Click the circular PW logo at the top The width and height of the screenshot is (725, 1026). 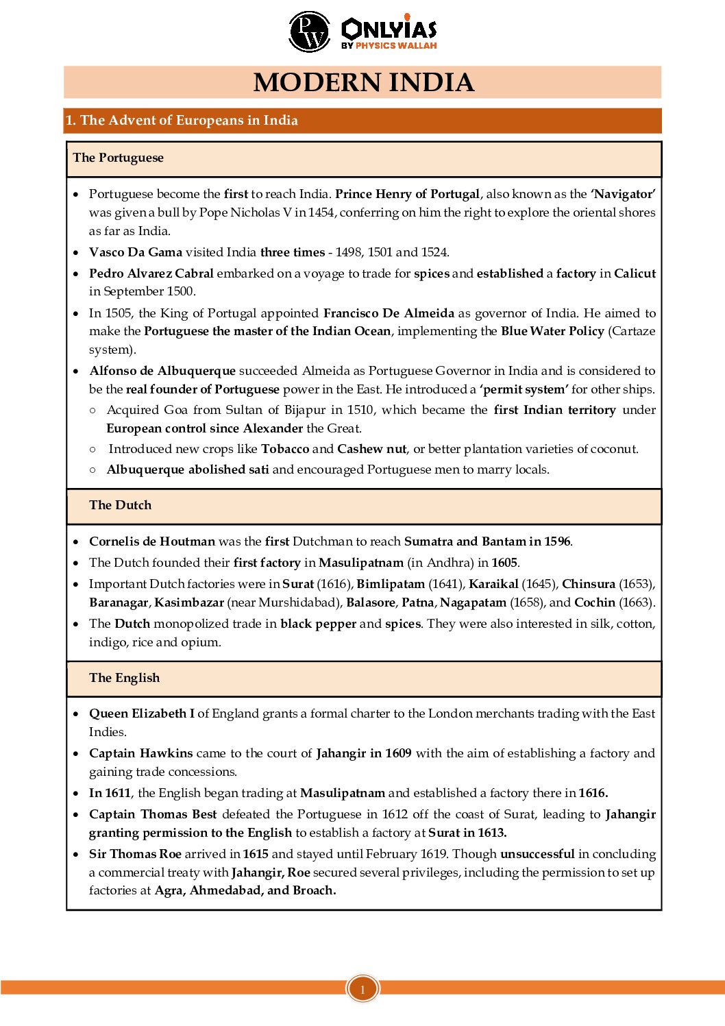tap(310, 32)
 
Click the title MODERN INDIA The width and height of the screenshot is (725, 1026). tap(363, 82)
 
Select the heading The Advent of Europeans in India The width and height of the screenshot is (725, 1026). tap(182, 121)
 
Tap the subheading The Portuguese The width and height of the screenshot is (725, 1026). tap(119, 158)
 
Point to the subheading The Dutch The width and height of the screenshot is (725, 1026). tap(120, 505)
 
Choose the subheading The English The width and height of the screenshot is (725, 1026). tap(124, 678)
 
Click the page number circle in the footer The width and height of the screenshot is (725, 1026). tap(362, 989)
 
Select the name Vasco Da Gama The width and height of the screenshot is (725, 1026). tap(136, 252)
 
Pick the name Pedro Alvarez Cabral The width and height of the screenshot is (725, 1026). tap(151, 273)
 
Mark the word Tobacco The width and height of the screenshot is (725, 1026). tap(285, 449)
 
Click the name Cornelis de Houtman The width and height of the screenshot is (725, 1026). tap(152, 541)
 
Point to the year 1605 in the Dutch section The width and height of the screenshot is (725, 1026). tap(504, 563)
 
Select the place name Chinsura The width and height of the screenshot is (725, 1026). tap(589, 584)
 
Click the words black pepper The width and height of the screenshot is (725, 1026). tap(318, 624)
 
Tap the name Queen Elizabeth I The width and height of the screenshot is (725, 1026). tap(142, 713)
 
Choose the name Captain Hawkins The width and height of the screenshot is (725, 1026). tap(141, 753)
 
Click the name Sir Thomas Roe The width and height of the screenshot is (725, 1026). tap(135, 854)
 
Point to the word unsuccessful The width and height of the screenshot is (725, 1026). tap(537, 854)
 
